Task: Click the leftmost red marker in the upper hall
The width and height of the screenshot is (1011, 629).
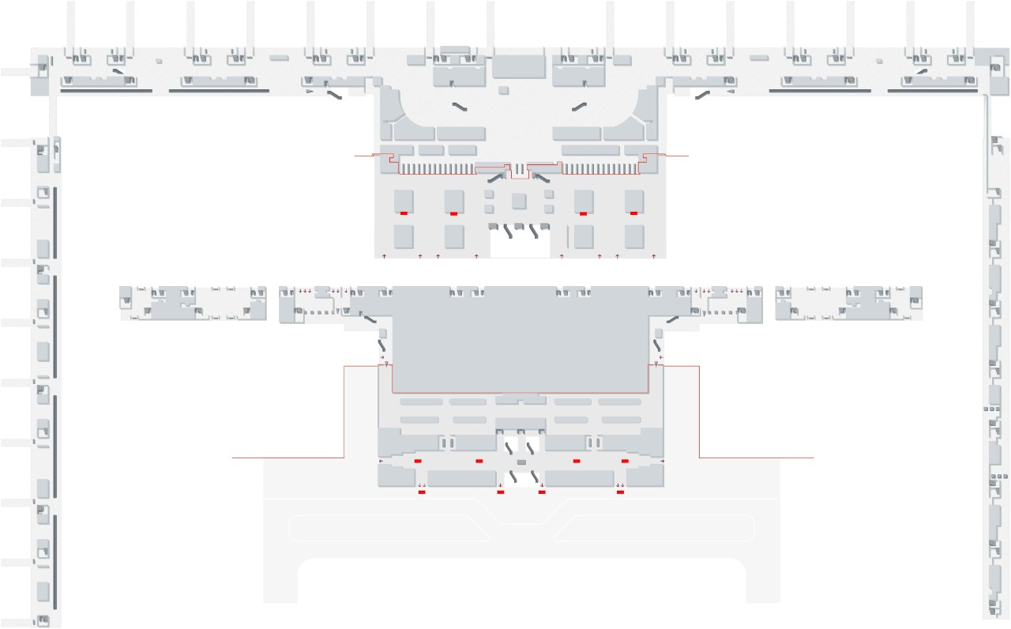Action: (404, 213)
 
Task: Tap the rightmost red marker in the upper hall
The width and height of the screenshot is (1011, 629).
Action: (633, 213)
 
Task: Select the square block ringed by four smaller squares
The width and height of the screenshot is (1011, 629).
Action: (519, 201)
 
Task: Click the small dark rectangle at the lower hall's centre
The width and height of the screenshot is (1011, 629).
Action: (521, 461)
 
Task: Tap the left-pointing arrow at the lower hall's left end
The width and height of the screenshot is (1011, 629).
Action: (381, 461)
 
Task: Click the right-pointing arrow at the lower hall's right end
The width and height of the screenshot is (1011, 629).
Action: (662, 461)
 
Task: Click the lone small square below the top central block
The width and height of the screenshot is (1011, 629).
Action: (504, 91)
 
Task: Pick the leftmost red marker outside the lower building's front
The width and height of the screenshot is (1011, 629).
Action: (422, 492)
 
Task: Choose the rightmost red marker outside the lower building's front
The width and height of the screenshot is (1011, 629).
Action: (620, 492)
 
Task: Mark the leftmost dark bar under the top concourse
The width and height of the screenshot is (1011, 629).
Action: (106, 91)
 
